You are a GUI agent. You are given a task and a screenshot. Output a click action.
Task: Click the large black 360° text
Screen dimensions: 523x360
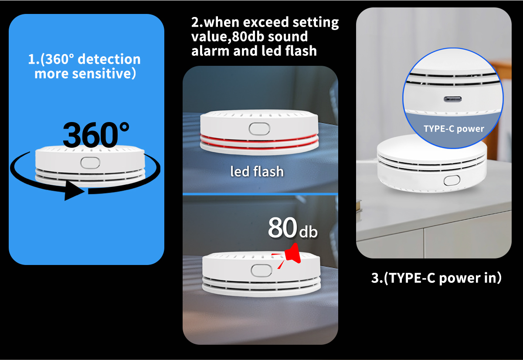[x=96, y=135]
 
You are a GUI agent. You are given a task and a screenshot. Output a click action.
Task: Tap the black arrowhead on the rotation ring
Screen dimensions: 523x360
[x=74, y=191]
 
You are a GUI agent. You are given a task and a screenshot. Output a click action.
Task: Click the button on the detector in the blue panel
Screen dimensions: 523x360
[x=90, y=163]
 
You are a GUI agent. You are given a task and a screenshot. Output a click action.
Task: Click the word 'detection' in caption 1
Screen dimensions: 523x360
[x=109, y=59]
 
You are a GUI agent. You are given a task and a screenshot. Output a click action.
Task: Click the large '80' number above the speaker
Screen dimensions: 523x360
[x=282, y=228]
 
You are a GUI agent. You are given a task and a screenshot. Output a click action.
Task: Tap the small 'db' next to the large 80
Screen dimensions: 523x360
[x=309, y=231]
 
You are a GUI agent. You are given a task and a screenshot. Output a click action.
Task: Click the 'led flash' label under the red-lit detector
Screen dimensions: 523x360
[x=257, y=171]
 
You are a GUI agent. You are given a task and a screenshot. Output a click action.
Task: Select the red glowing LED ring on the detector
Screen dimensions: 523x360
[x=259, y=142]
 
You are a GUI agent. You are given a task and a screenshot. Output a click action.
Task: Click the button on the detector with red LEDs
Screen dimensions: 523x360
[x=259, y=129]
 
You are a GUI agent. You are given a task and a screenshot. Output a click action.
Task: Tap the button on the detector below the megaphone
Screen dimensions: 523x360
[x=261, y=271]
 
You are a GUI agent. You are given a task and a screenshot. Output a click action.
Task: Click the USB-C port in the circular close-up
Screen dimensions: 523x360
[x=452, y=99]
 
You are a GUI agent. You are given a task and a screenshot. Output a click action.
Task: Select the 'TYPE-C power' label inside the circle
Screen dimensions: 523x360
[x=454, y=129]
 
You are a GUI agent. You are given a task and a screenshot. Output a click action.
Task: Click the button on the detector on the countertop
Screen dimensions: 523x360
[x=452, y=180]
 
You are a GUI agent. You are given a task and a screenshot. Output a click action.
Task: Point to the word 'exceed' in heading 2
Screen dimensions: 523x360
[x=266, y=22]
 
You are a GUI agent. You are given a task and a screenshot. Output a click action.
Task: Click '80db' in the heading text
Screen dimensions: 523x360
[x=248, y=37]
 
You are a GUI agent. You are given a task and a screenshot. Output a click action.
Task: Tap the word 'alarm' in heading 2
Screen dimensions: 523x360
[x=210, y=51]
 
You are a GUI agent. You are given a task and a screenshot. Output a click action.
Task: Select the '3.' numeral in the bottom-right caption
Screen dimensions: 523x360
[x=377, y=278]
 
